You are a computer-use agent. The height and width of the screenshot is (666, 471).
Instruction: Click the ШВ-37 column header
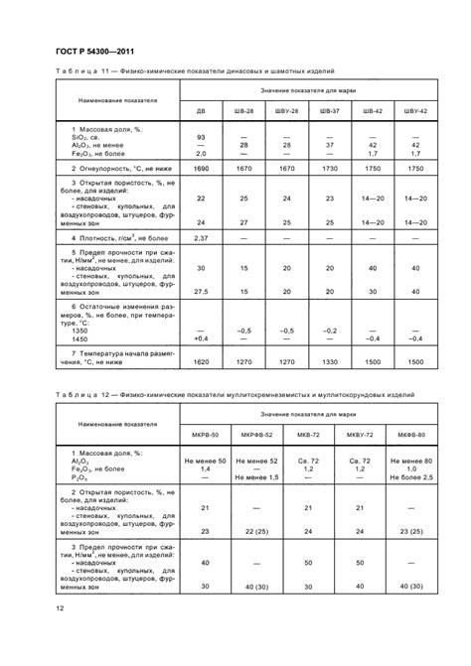(x=330, y=111)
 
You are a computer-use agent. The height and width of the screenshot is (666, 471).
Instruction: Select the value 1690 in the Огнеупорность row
(x=201, y=170)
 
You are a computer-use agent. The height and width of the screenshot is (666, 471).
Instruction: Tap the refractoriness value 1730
(x=330, y=170)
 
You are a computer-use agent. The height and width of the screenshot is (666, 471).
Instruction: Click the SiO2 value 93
(x=201, y=135)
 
